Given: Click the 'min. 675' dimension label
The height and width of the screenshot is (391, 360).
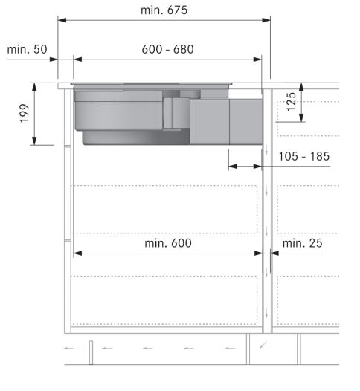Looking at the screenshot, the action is click(164, 10).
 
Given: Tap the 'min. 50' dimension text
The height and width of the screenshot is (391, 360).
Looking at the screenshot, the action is click(27, 49).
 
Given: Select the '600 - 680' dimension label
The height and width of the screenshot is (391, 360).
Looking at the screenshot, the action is click(167, 49).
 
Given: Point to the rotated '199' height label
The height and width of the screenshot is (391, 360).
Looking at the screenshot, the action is click(25, 113).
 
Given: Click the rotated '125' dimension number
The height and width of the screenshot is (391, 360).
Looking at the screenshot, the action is click(291, 102).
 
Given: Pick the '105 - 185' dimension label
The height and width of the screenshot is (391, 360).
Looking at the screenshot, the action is click(304, 157).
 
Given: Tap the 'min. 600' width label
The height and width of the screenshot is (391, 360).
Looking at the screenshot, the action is click(168, 243).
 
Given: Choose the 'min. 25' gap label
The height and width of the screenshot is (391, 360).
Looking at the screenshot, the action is click(303, 243).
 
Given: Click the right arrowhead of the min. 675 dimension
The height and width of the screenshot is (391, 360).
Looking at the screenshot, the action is click(266, 20).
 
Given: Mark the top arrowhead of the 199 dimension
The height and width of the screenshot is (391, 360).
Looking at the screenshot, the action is click(34, 87).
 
